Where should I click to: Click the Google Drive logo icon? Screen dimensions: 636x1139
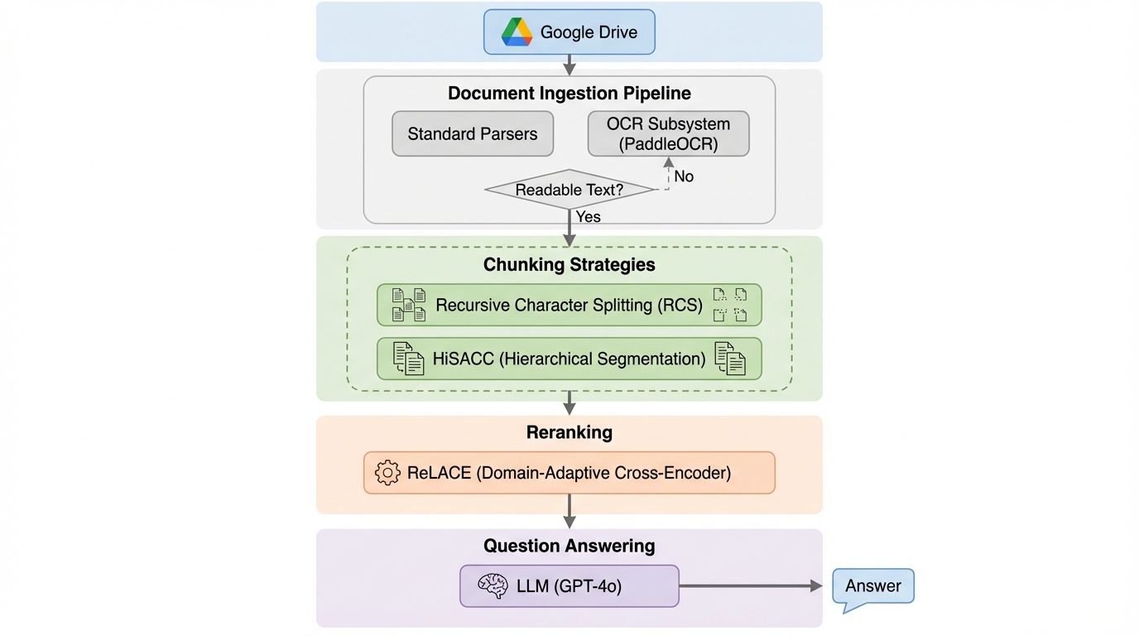point(517,32)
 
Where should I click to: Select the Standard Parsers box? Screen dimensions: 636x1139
point(473,134)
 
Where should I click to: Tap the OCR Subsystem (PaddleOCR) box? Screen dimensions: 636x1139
point(668,134)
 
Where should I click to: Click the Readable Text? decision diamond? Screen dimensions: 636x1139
point(569,190)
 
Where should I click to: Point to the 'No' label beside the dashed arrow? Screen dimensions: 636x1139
point(684,176)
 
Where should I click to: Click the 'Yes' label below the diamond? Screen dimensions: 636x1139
point(588,217)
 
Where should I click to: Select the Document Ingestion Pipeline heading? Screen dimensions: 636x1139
point(569,93)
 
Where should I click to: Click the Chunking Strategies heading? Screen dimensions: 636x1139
point(569,265)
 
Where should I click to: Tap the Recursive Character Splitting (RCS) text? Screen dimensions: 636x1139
point(569,305)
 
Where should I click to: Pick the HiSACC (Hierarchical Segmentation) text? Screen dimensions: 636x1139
point(569,359)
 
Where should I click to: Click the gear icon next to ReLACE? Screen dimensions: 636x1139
point(387,473)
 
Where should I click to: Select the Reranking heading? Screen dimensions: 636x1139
point(569,432)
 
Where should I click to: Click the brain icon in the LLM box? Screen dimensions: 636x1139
point(493,586)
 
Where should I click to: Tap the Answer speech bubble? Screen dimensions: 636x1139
point(872,587)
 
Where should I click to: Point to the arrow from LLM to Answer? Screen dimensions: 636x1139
point(749,586)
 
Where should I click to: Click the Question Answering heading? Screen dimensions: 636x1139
point(569,546)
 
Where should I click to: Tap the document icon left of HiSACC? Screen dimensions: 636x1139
point(408,359)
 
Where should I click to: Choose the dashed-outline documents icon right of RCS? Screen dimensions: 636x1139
point(730,305)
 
